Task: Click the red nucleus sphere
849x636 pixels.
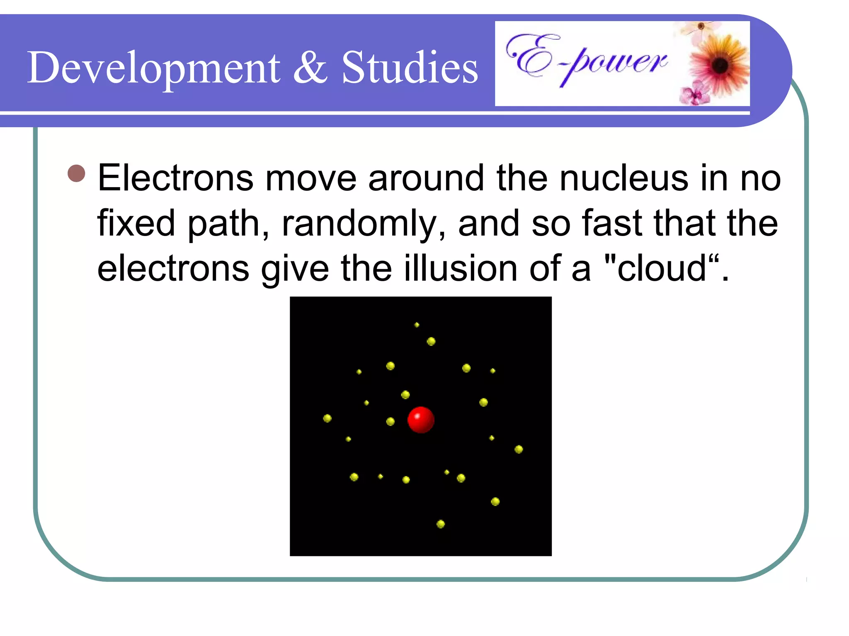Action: point(421,420)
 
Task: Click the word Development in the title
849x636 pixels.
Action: point(153,67)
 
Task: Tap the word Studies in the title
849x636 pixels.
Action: point(410,67)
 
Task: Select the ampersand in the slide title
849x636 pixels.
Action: point(310,67)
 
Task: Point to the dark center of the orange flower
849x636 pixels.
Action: point(720,65)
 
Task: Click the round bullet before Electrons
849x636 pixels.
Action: point(76,173)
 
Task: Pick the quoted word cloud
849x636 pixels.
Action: point(662,268)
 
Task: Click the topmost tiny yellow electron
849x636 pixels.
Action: point(417,325)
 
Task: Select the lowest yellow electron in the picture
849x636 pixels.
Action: point(441,524)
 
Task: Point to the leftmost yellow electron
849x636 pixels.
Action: point(327,418)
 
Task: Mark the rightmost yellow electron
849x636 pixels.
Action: point(519,449)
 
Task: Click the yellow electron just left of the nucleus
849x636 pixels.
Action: point(390,422)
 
